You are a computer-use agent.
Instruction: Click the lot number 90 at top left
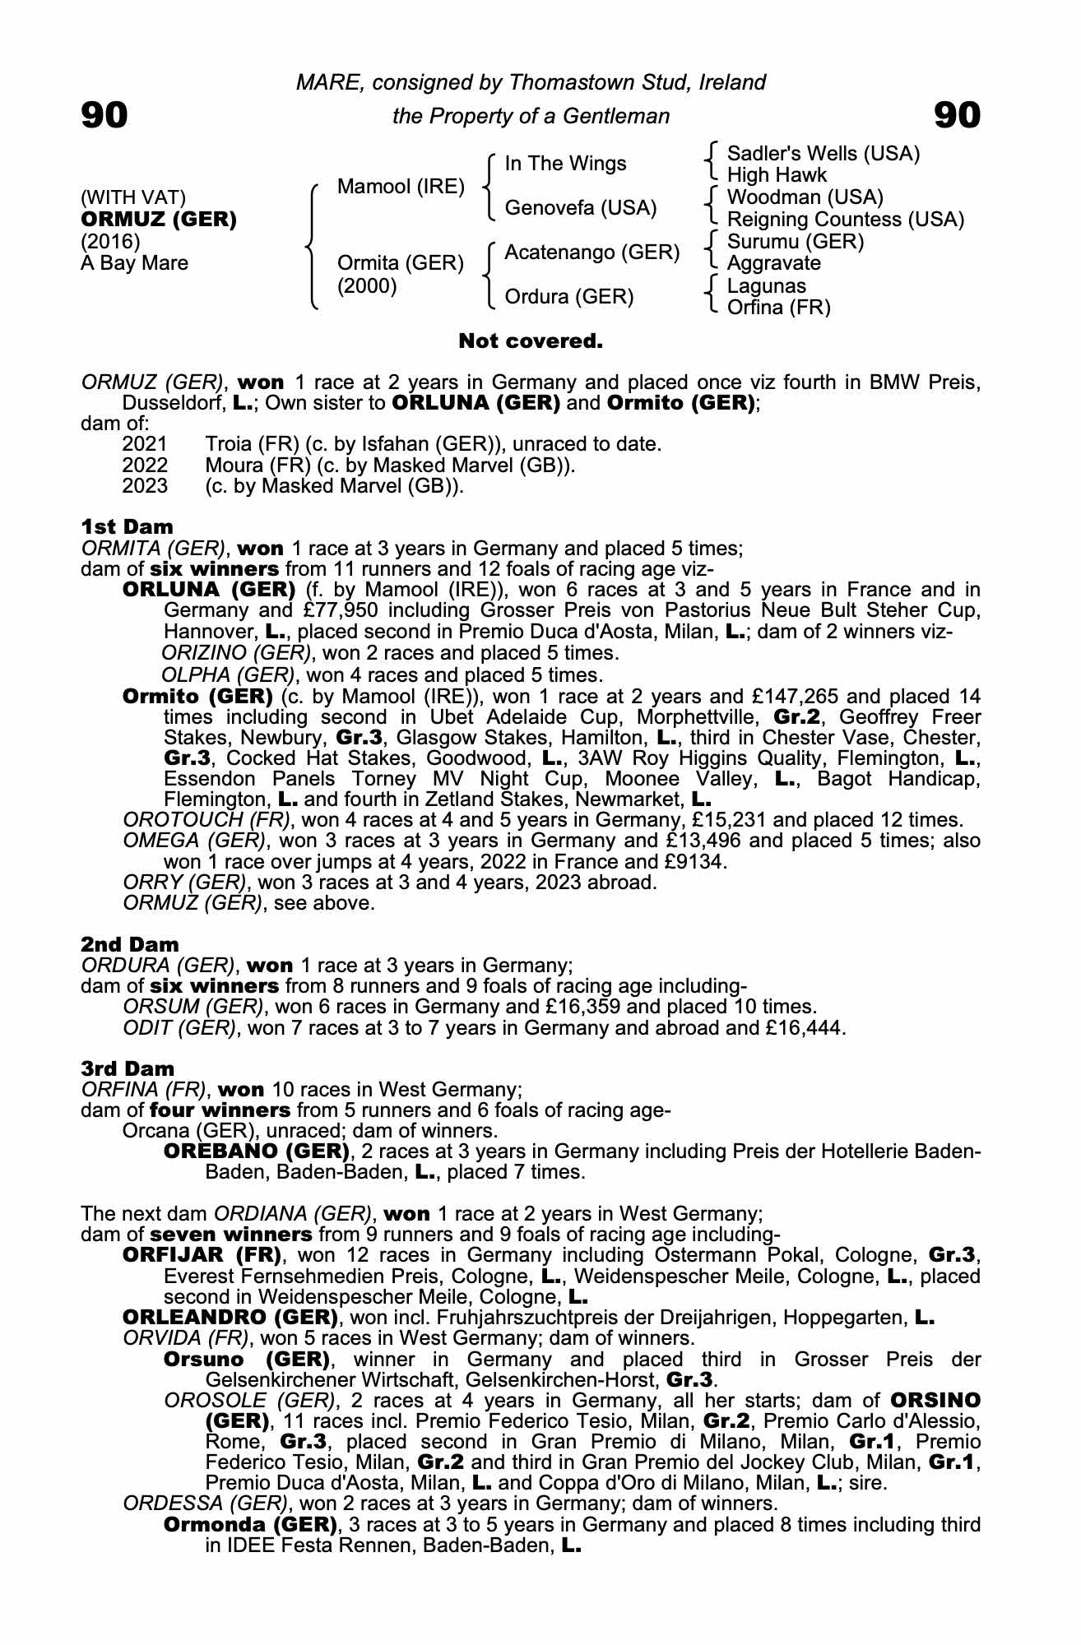click(104, 115)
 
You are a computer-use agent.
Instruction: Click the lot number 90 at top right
click(958, 115)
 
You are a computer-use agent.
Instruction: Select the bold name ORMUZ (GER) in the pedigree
click(159, 220)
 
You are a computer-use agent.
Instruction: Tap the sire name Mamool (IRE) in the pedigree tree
click(401, 187)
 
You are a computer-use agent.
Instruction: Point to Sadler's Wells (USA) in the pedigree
click(824, 154)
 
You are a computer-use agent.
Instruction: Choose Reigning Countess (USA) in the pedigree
click(846, 220)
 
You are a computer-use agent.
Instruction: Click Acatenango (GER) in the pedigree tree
click(592, 253)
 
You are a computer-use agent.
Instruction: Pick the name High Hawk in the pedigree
click(777, 175)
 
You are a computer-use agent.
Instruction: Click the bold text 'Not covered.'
click(531, 341)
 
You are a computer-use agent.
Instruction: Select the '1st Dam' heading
click(128, 526)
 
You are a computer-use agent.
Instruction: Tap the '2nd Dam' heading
click(130, 944)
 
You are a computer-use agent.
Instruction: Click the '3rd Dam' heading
click(128, 1068)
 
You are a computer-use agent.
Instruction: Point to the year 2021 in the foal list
click(145, 444)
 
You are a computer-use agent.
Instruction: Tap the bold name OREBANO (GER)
click(253, 1151)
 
